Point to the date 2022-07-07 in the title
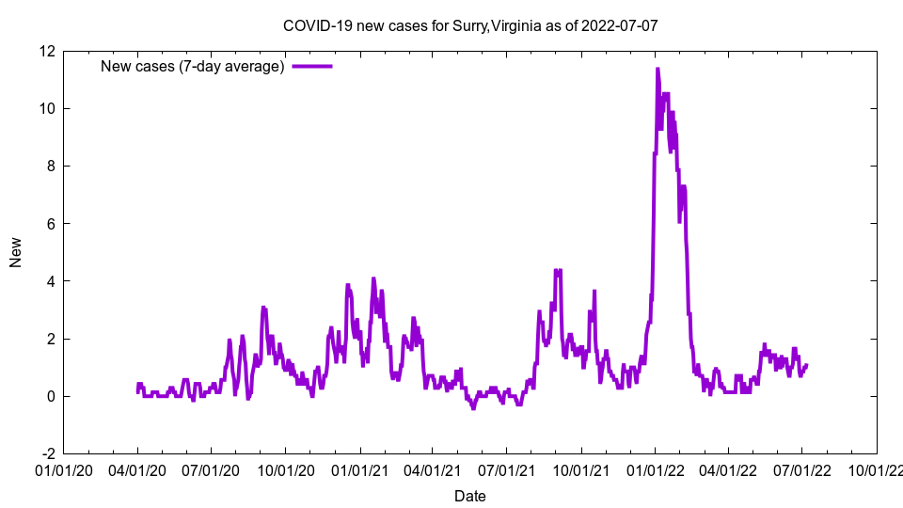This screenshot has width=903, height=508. coord(620,25)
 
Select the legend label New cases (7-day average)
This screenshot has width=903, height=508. coord(193,66)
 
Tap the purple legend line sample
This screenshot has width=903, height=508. coord(312,66)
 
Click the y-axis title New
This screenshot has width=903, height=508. coord(16,252)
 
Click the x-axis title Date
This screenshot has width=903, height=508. coord(469,496)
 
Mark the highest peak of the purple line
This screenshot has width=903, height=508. coord(657,69)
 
